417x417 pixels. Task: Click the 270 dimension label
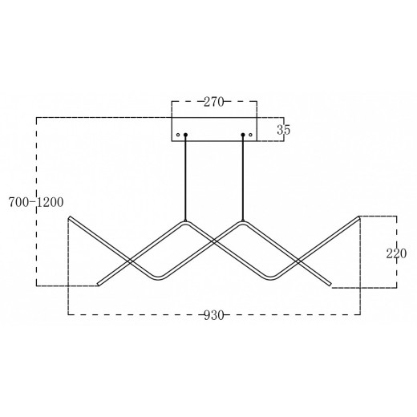click(x=213, y=102)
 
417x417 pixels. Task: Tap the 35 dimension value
click(x=284, y=130)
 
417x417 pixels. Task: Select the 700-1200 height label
click(x=36, y=202)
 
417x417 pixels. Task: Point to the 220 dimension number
click(x=396, y=253)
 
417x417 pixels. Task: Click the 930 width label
click(x=213, y=315)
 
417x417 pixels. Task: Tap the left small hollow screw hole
click(x=178, y=135)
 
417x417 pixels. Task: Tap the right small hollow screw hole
click(x=250, y=135)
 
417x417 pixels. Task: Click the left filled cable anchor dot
click(x=185, y=135)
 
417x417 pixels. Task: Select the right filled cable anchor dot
click(x=243, y=135)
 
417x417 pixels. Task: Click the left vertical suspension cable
click(x=185, y=178)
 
